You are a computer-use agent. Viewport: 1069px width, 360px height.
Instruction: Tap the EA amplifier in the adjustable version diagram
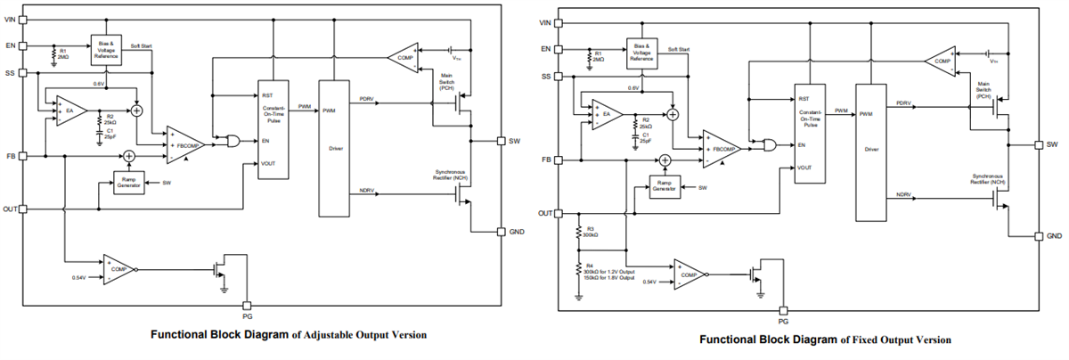click(x=70, y=111)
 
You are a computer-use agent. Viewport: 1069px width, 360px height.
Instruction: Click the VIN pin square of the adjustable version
click(x=24, y=19)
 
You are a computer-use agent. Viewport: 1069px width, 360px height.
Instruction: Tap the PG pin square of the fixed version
click(x=783, y=311)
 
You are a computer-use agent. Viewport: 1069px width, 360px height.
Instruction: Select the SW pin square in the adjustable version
click(x=501, y=141)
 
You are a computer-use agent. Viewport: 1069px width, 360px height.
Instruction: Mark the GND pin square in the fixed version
click(x=1039, y=236)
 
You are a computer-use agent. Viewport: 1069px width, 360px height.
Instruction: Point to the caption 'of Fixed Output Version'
click(x=896, y=340)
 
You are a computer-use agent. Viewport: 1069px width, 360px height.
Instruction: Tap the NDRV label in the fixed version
click(x=904, y=195)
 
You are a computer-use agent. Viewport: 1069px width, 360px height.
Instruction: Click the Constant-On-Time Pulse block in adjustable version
click(x=273, y=129)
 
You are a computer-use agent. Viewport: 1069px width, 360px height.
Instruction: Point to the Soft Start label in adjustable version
click(x=142, y=45)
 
